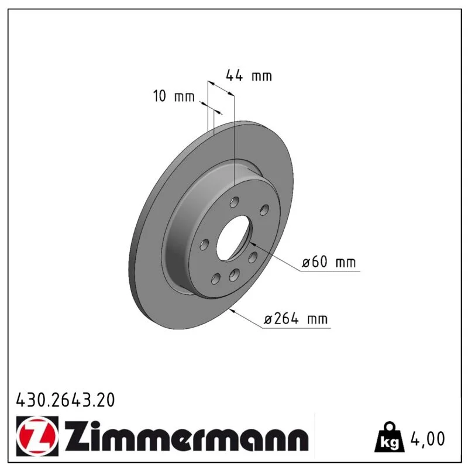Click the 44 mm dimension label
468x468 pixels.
(249, 75)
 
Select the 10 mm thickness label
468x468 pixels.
(174, 96)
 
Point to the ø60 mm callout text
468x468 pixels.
(329, 261)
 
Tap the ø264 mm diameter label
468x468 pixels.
(295, 318)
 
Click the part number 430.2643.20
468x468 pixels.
(66, 400)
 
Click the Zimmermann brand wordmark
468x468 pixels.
(187, 436)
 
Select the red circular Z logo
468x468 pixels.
(37, 436)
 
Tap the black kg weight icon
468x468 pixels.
(390, 436)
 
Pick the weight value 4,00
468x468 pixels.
(428, 439)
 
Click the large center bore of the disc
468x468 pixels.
(233, 238)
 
